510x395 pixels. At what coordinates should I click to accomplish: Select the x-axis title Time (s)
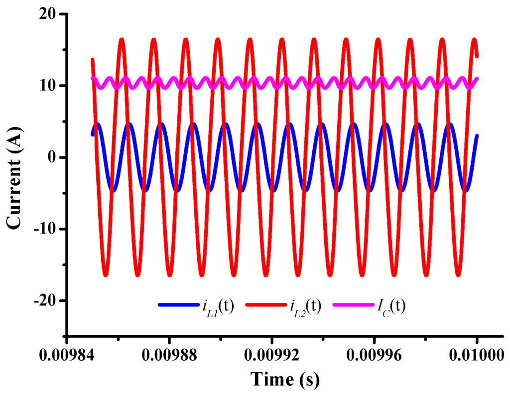tap(285, 380)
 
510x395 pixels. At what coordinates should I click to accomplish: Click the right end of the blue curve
tap(477, 136)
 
